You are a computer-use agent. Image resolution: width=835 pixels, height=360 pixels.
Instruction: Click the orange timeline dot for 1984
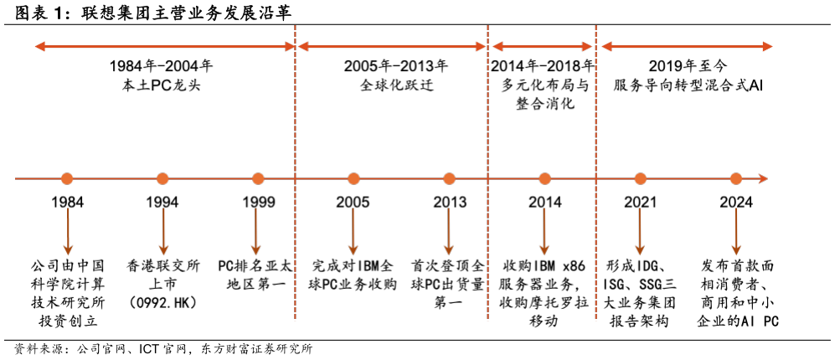66,179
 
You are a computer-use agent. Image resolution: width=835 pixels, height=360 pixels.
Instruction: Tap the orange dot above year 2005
353,179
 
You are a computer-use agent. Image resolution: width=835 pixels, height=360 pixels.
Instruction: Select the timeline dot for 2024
736,179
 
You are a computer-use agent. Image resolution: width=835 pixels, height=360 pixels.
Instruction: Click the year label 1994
162,203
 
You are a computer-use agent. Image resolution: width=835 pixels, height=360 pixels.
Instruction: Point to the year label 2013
449,203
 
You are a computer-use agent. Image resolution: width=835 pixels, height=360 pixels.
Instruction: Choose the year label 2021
640,203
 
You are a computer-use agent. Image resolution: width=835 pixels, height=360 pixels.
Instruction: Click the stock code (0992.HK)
162,302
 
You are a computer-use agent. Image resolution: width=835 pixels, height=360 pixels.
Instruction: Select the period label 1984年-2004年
162,66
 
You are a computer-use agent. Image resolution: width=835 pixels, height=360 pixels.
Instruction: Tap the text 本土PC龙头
162,85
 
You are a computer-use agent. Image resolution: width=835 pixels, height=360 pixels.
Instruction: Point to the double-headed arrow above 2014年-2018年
542,46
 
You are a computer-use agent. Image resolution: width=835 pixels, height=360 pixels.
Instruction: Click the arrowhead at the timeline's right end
763,179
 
